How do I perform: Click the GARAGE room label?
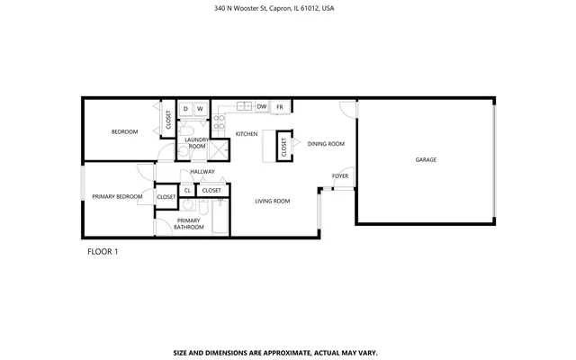[426, 159]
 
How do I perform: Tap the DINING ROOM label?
[326, 144]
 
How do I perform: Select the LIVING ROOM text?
[272, 201]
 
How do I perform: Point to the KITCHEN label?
[247, 134]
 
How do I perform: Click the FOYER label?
[340, 175]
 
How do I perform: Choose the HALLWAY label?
[202, 171]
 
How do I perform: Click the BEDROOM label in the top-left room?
[124, 132]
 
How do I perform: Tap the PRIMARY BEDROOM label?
[117, 196]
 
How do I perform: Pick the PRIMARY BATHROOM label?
[188, 223]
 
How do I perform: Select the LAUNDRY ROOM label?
[197, 142]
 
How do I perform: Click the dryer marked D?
[185, 109]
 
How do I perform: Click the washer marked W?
[200, 109]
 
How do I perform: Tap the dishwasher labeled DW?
[261, 106]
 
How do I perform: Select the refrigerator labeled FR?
[280, 106]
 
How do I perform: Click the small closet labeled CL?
[187, 190]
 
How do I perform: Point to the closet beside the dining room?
[283, 147]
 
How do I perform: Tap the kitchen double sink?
[244, 106]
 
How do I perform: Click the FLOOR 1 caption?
[103, 251]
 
